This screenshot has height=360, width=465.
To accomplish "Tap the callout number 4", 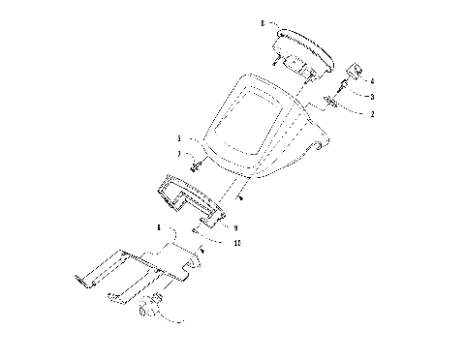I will coord(371,81).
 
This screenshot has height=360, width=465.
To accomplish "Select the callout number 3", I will coord(371,97).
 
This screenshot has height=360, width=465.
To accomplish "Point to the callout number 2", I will coord(371,113).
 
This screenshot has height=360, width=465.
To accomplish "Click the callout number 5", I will coord(178,139).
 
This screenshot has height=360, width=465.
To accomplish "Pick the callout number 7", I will coord(178,155).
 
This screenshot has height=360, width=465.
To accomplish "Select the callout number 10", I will coord(236,243).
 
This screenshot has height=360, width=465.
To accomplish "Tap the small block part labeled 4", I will coord(355,72).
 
